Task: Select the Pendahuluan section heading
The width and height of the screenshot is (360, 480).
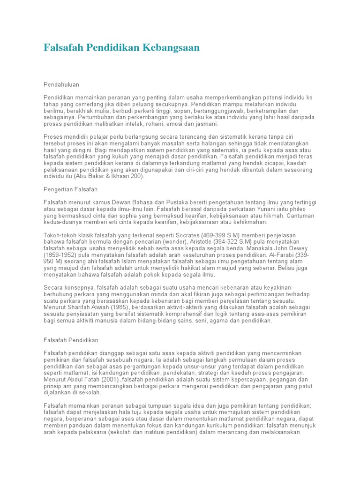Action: [61, 84]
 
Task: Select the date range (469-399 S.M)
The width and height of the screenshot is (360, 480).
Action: [217, 235]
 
